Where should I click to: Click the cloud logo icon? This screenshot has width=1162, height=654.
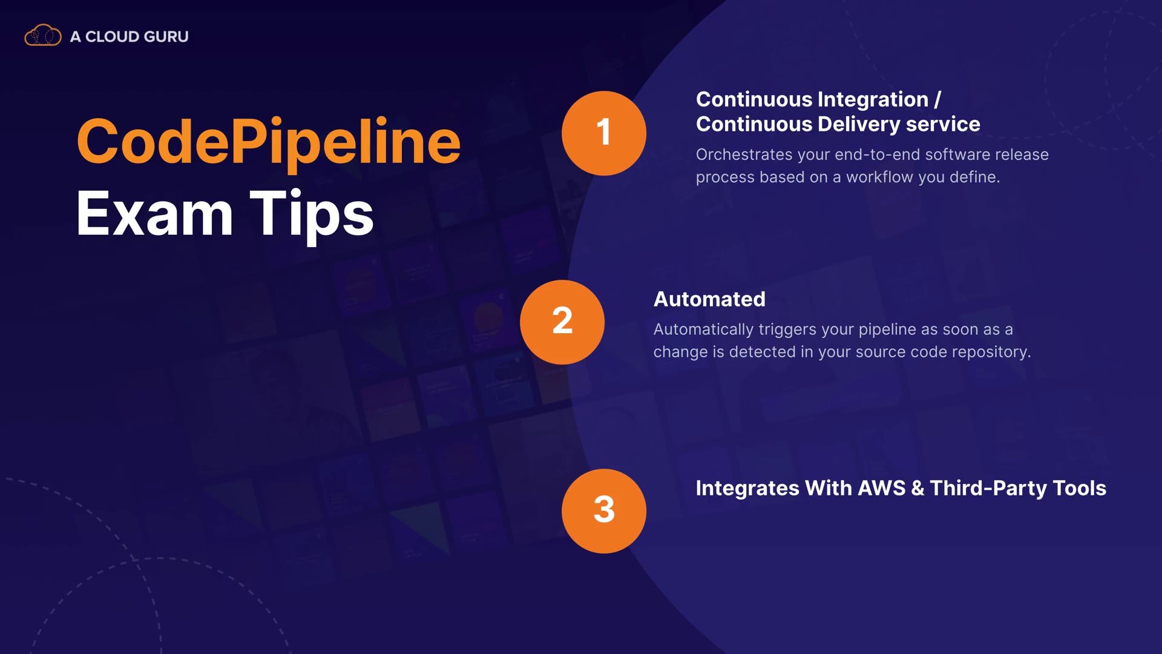[x=42, y=36]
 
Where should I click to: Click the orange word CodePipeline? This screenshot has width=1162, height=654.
[x=268, y=142]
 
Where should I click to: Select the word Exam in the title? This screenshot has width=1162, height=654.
[x=154, y=214]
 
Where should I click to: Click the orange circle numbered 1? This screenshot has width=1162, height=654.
[x=603, y=133]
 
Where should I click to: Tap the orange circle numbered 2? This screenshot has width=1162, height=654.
[x=562, y=322]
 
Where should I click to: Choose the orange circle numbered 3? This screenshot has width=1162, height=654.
[x=603, y=510]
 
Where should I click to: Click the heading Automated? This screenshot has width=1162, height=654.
[x=709, y=299]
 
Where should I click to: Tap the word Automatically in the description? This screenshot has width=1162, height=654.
[x=703, y=330]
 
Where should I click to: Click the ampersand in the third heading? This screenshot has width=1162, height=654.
[x=917, y=488]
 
